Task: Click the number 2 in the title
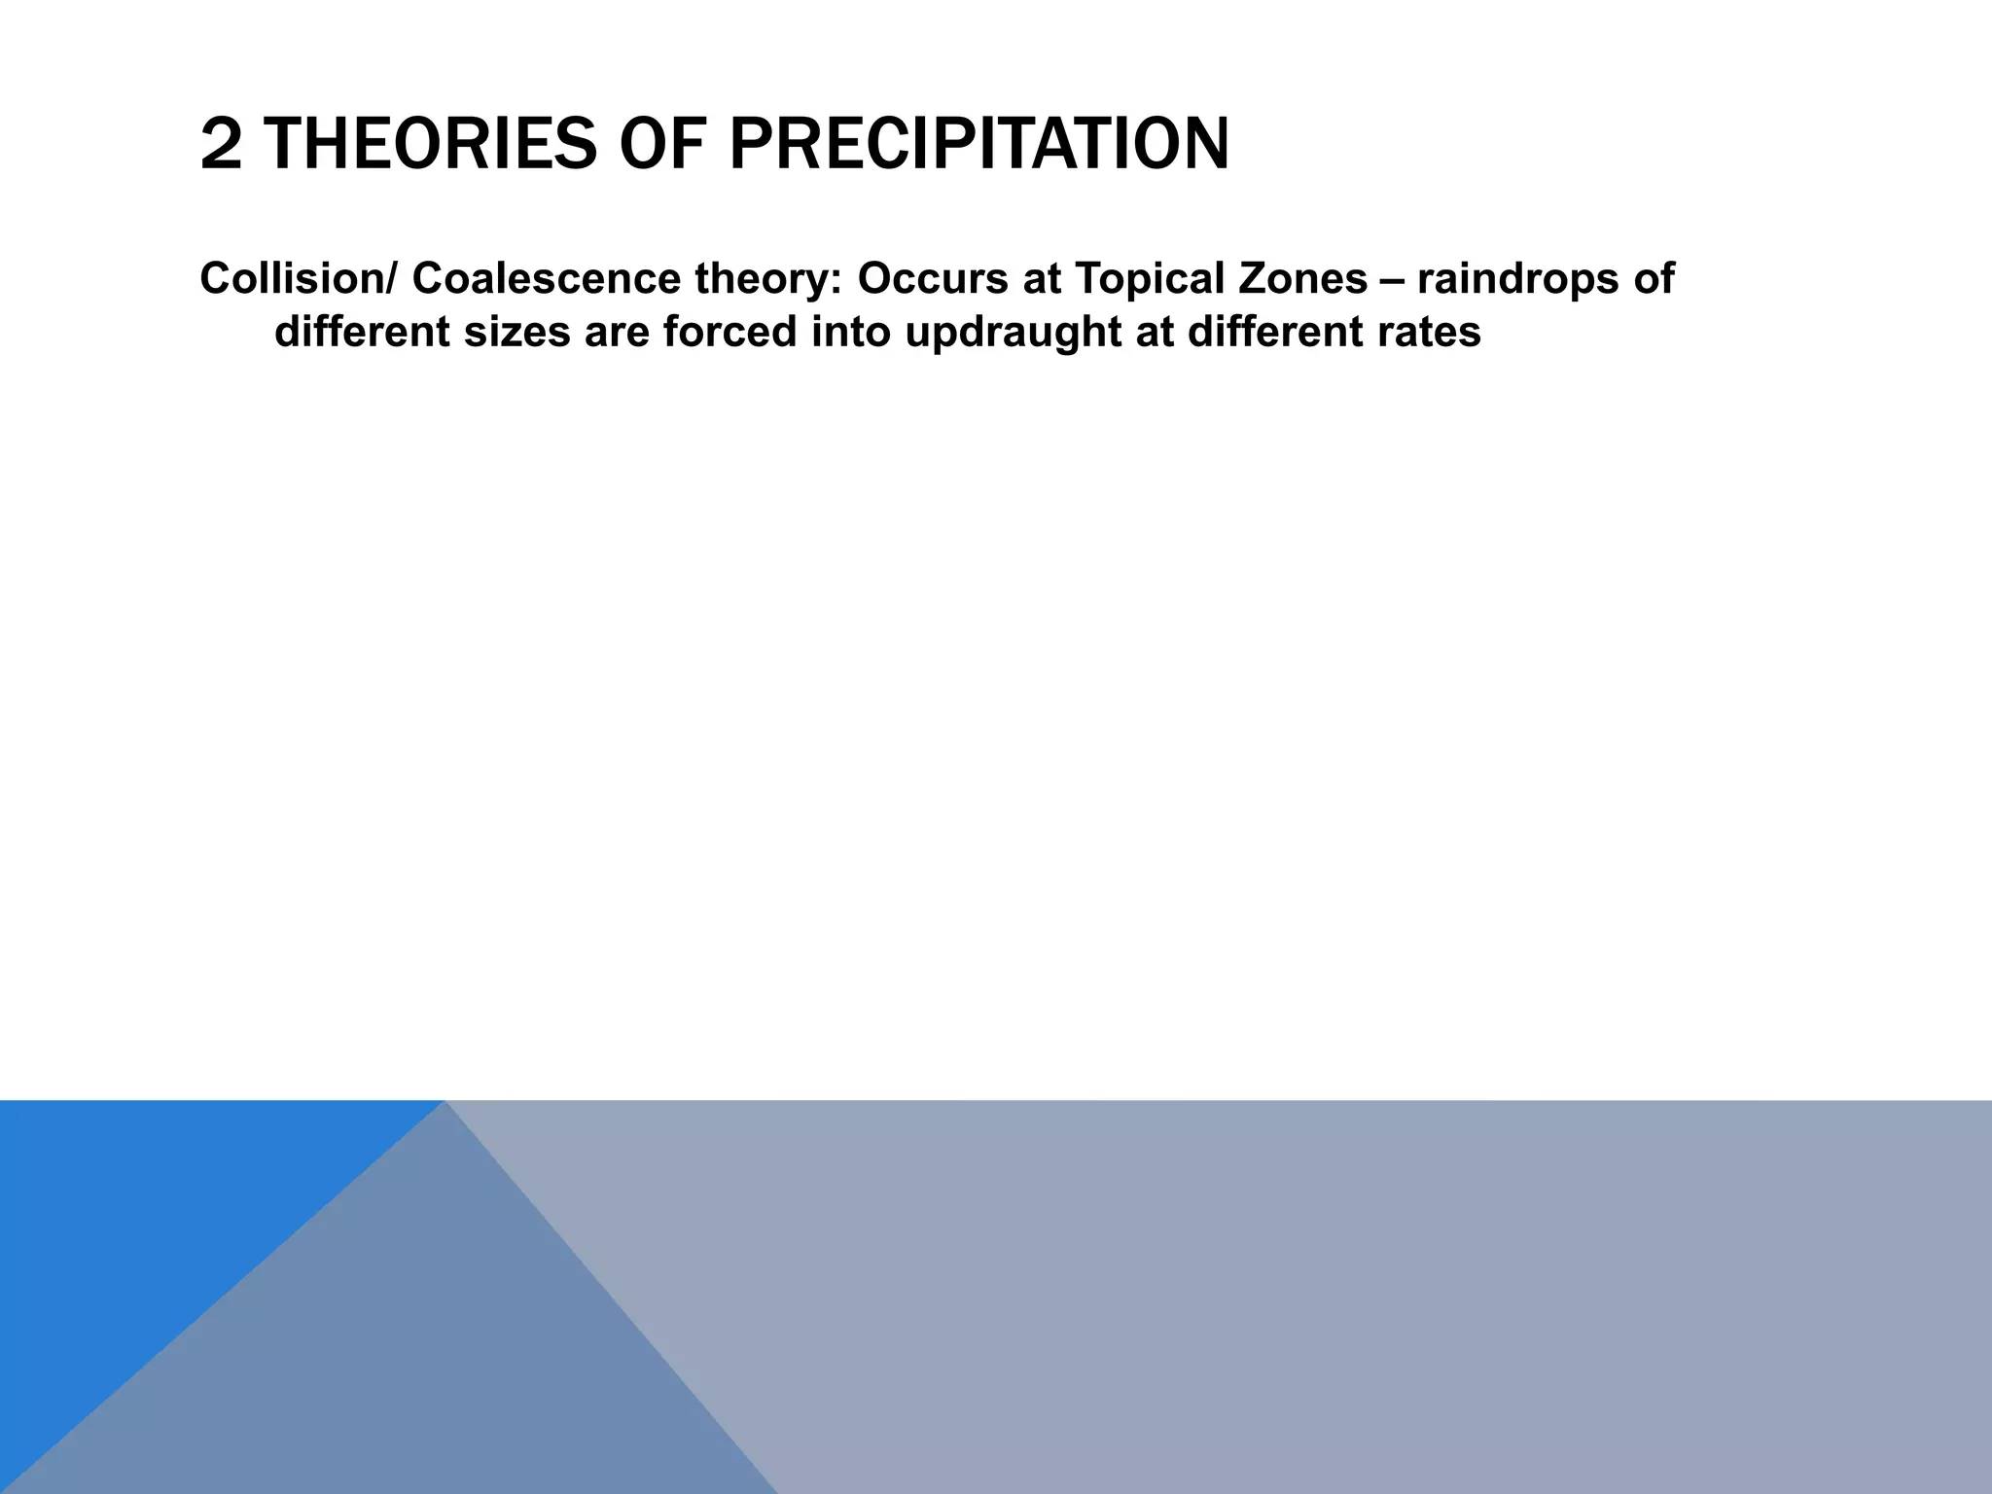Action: tap(220, 145)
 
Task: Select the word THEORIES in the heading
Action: tap(429, 145)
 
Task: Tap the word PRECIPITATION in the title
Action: tap(978, 145)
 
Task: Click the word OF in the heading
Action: tap(663, 145)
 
